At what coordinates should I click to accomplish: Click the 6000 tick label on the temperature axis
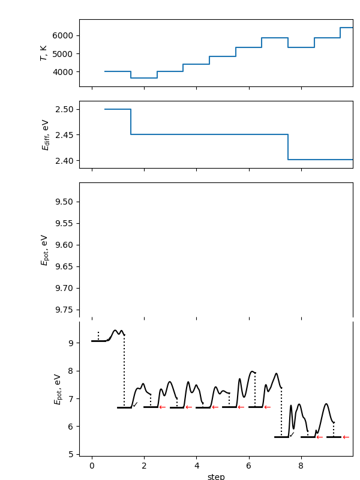point(64,35)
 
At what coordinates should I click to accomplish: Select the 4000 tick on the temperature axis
point(64,72)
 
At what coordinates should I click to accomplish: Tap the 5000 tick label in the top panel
point(64,54)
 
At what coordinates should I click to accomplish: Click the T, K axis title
point(44,53)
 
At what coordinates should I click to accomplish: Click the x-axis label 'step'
point(216,476)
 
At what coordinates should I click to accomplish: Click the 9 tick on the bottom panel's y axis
point(70,343)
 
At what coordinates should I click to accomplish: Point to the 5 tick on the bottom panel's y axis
point(70,454)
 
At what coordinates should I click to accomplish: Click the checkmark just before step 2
point(136,405)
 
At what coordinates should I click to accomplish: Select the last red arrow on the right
point(346,437)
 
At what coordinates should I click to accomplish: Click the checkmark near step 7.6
point(292,434)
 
